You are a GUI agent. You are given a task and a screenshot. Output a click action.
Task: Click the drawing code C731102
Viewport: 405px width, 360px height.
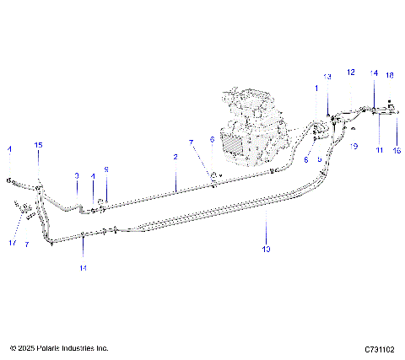point(381,348)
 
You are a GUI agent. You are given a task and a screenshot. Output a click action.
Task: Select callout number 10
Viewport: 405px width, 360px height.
point(266,249)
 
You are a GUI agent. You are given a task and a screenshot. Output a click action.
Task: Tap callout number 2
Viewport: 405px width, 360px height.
point(175,157)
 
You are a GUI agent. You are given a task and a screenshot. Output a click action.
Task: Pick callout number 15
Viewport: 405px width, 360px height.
point(38,146)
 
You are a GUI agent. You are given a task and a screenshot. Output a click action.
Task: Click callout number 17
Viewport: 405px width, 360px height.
point(13,243)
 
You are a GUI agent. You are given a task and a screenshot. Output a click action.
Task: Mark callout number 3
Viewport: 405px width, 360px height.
point(76,175)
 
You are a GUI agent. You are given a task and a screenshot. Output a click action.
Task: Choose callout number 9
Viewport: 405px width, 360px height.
point(106,169)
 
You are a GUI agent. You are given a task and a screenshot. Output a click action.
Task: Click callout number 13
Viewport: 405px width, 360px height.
point(327,77)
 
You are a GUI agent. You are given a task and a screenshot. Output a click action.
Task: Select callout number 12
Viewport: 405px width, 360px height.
point(351,73)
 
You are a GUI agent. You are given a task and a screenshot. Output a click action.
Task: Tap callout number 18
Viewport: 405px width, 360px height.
point(390,75)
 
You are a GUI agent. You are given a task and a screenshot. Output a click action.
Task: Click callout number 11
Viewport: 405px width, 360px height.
point(380,149)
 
